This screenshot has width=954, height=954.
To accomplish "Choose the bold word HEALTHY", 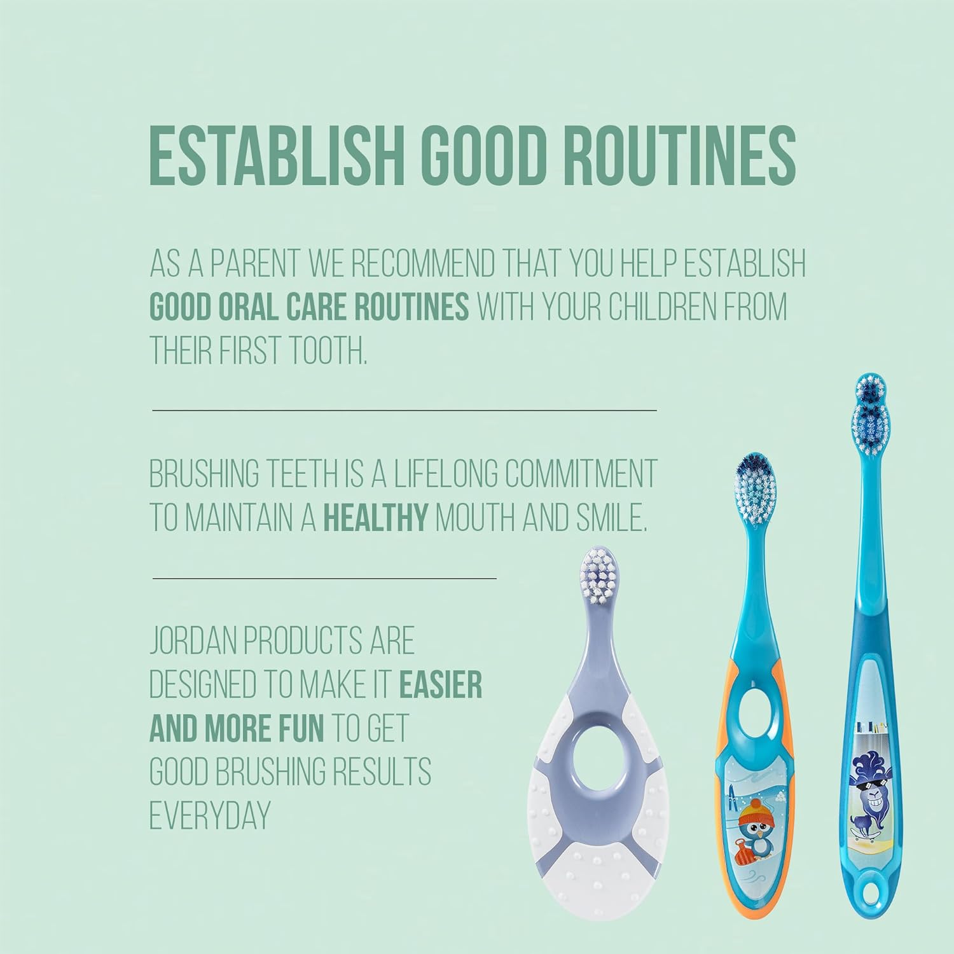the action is point(376,519).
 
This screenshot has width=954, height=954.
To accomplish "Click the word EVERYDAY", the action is point(211,816).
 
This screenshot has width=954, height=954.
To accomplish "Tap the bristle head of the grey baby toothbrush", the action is point(597,574).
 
